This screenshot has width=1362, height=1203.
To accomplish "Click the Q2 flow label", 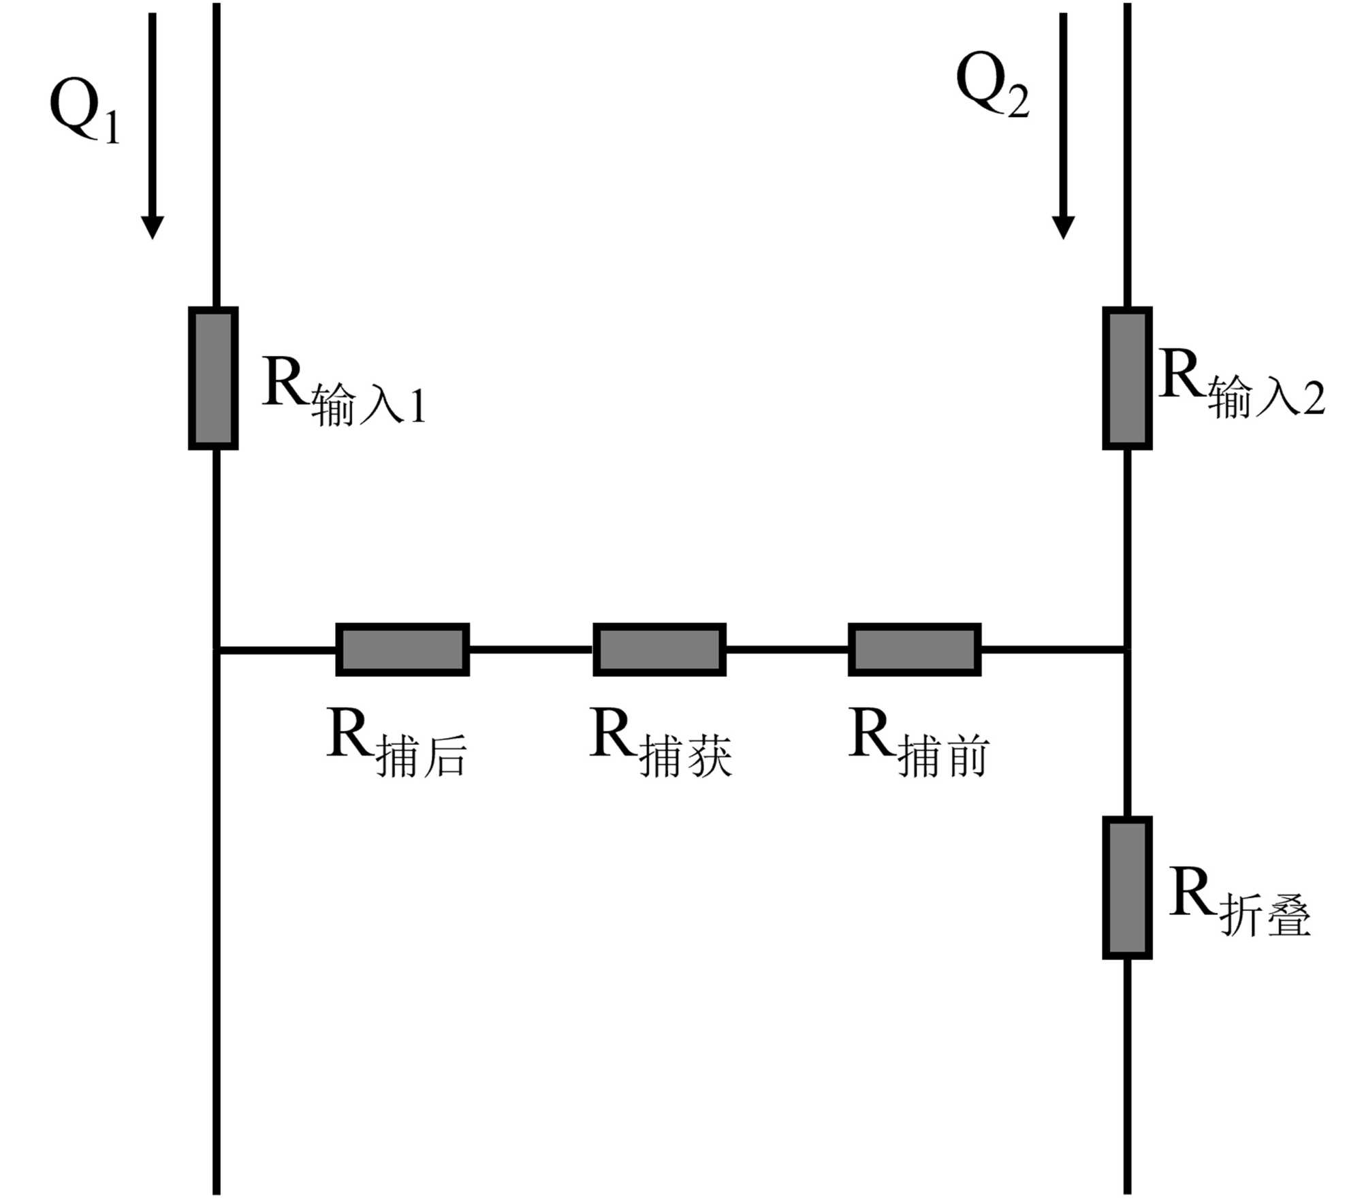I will (x=992, y=84).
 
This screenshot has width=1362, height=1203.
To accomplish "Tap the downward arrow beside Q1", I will (x=152, y=126).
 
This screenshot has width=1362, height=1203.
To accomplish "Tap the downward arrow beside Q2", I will (x=1063, y=126).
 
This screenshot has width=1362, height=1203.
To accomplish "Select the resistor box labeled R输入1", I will (x=213, y=379).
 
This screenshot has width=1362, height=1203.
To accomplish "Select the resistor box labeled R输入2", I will (x=1127, y=379).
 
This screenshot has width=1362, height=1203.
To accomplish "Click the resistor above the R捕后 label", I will (x=402, y=649).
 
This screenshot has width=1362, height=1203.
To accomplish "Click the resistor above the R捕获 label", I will (x=659, y=649).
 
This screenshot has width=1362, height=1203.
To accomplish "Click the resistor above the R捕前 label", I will (x=914, y=649).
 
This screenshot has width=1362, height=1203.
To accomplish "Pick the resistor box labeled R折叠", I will (x=1127, y=888).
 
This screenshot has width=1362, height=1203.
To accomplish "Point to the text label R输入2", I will (x=1241, y=383).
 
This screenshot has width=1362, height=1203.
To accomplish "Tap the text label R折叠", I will (x=1239, y=901).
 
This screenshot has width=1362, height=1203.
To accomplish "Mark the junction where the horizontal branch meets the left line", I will (x=217, y=650).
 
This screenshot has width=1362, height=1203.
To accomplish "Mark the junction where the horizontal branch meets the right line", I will (x=1127, y=649).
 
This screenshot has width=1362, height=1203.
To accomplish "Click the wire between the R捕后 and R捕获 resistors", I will (x=530, y=649).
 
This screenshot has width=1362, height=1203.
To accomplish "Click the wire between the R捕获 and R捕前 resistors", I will (x=787, y=649).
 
